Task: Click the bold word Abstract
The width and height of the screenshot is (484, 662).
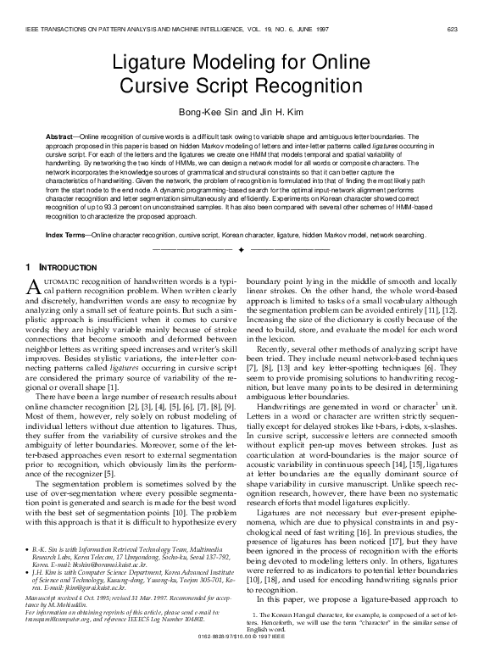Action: [x=61, y=136]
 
